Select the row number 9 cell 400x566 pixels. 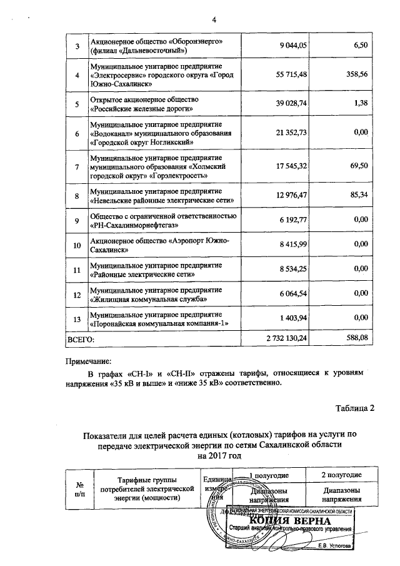[x=77, y=221]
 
